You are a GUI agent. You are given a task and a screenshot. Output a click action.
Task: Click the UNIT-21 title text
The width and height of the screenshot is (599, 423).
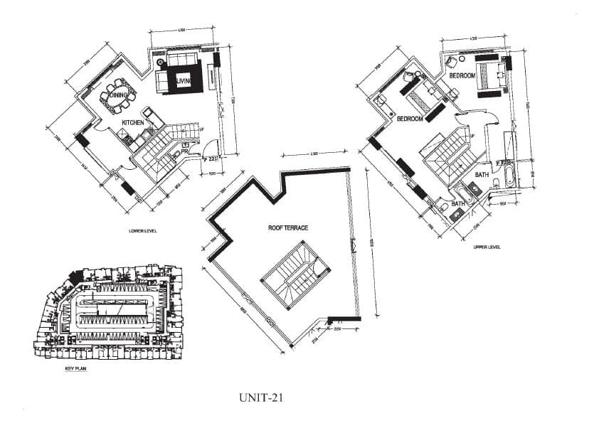coord(263,399)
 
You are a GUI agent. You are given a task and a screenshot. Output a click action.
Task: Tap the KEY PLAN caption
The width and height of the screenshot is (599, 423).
coord(75,370)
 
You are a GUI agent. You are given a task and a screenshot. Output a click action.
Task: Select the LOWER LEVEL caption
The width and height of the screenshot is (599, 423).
coord(143,231)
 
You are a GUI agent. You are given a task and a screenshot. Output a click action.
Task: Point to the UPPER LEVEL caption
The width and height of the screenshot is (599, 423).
coord(487,247)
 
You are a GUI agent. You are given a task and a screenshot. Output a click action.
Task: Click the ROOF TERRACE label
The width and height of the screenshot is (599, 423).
coord(287,228)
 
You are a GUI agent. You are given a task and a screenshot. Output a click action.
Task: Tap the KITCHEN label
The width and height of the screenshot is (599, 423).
coord(133,123)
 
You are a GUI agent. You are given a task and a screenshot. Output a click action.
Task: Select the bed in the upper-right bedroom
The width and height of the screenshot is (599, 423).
coord(491,74)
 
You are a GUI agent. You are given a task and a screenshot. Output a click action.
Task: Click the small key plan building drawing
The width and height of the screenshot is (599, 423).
coord(107,314)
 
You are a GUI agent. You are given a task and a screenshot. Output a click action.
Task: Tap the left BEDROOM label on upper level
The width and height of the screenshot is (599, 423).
coord(410,119)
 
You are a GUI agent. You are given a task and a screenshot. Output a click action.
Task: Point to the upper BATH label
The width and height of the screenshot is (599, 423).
coord(481,173)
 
